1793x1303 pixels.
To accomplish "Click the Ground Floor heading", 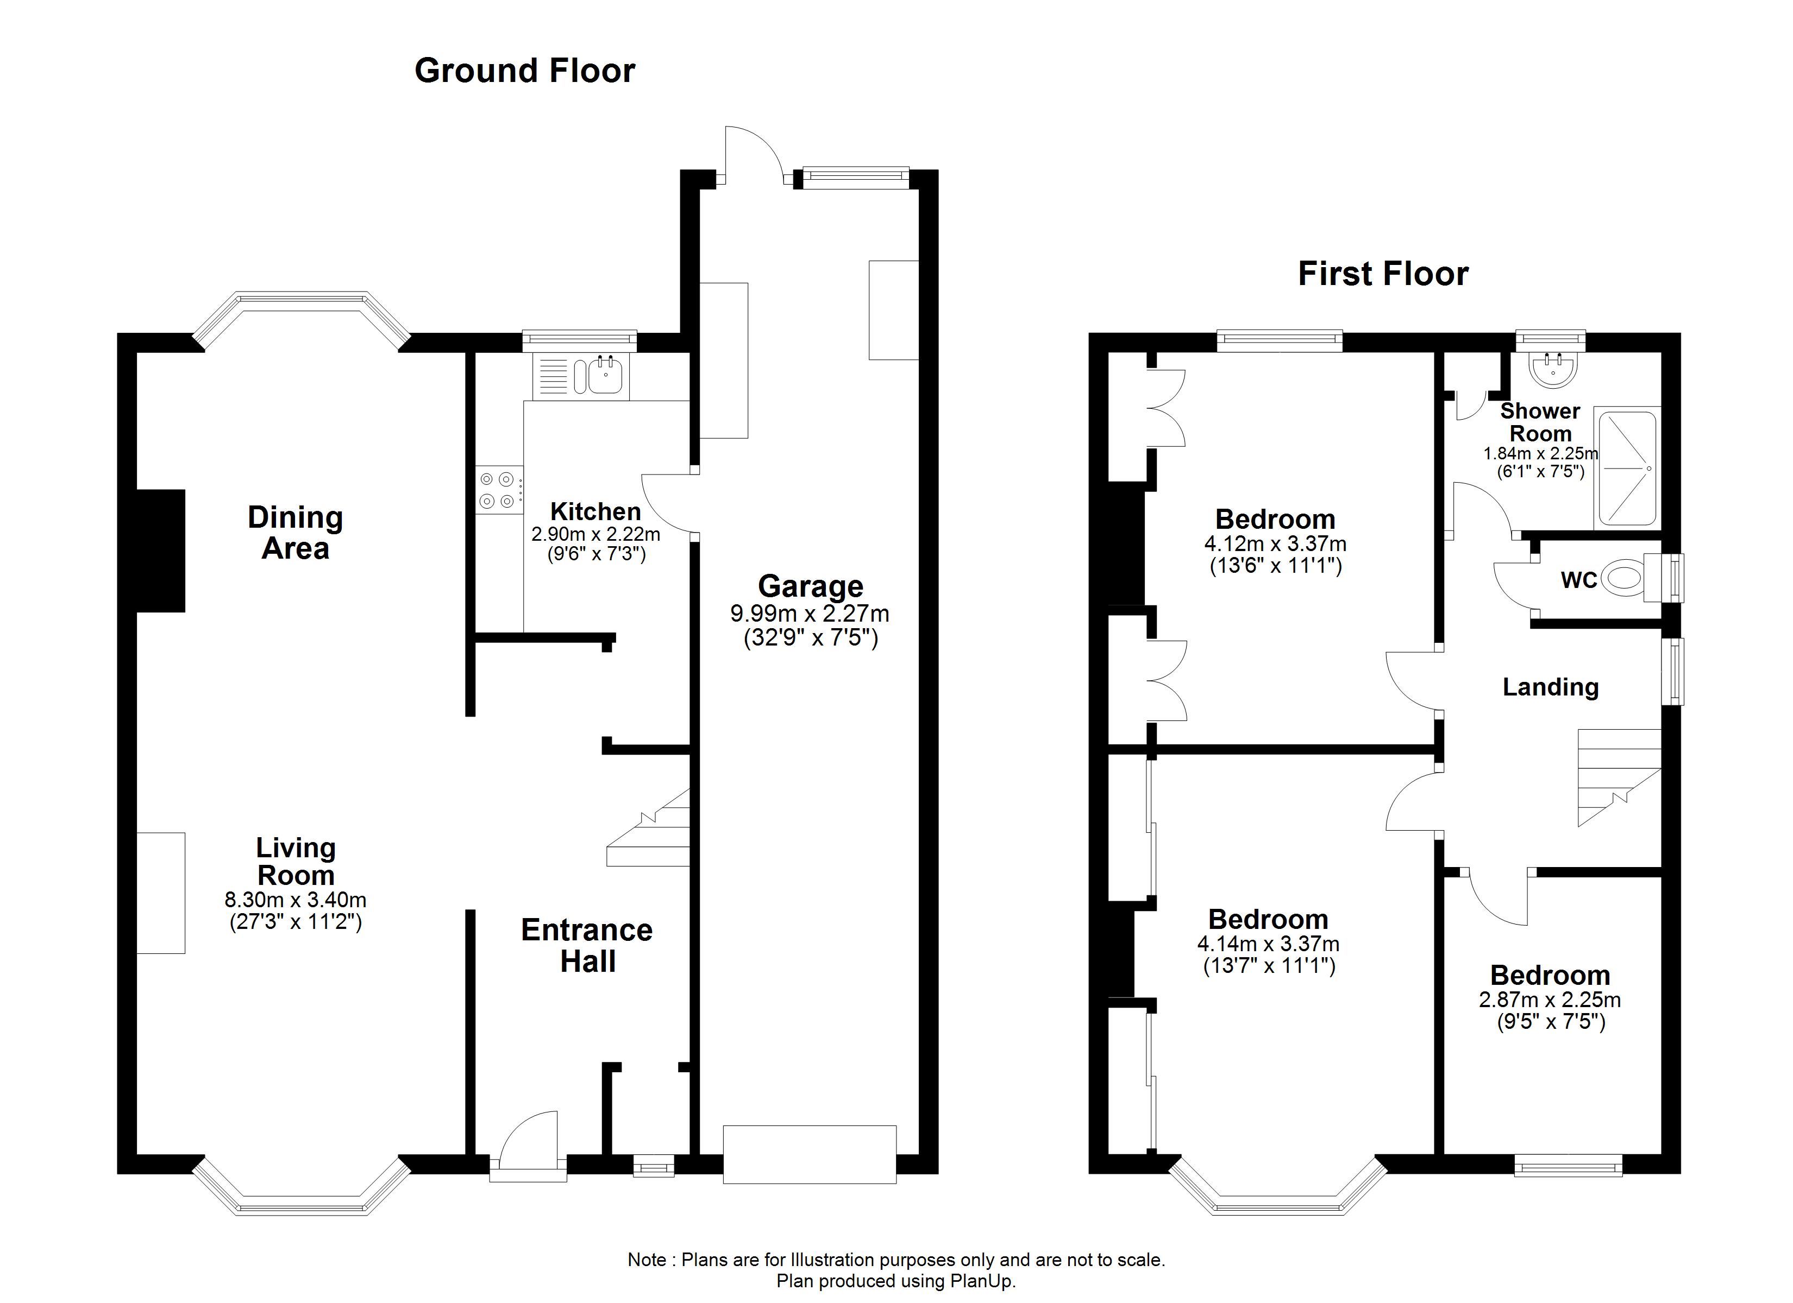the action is coord(524,71).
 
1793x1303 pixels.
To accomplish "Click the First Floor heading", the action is coord(1383,274).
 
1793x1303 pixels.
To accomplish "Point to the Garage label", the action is coord(810,587).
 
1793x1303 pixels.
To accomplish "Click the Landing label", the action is coord(1550,687).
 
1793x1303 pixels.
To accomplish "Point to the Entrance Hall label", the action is coord(587,946).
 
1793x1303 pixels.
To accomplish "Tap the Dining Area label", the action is coord(295,533).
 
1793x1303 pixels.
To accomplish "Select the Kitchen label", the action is coord(595,511).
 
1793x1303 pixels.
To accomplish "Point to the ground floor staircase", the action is coord(648,827).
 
